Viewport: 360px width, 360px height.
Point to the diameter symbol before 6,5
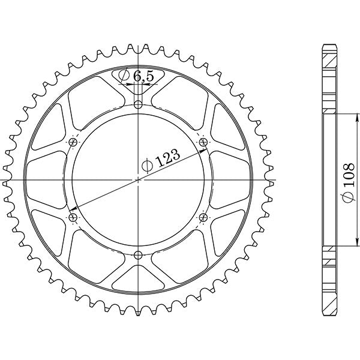[x=123, y=76]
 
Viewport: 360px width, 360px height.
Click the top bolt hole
[x=139, y=105]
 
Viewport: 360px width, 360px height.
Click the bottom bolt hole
[x=139, y=254]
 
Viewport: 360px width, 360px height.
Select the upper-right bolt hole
[x=203, y=142]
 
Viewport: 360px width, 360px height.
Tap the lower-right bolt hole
[x=203, y=217]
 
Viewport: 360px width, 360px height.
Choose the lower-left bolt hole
[x=74, y=217]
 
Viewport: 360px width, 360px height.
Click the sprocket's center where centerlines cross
[x=139, y=179]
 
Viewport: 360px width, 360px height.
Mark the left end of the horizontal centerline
[x=2, y=179]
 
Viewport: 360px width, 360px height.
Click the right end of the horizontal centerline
[x=275, y=179]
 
